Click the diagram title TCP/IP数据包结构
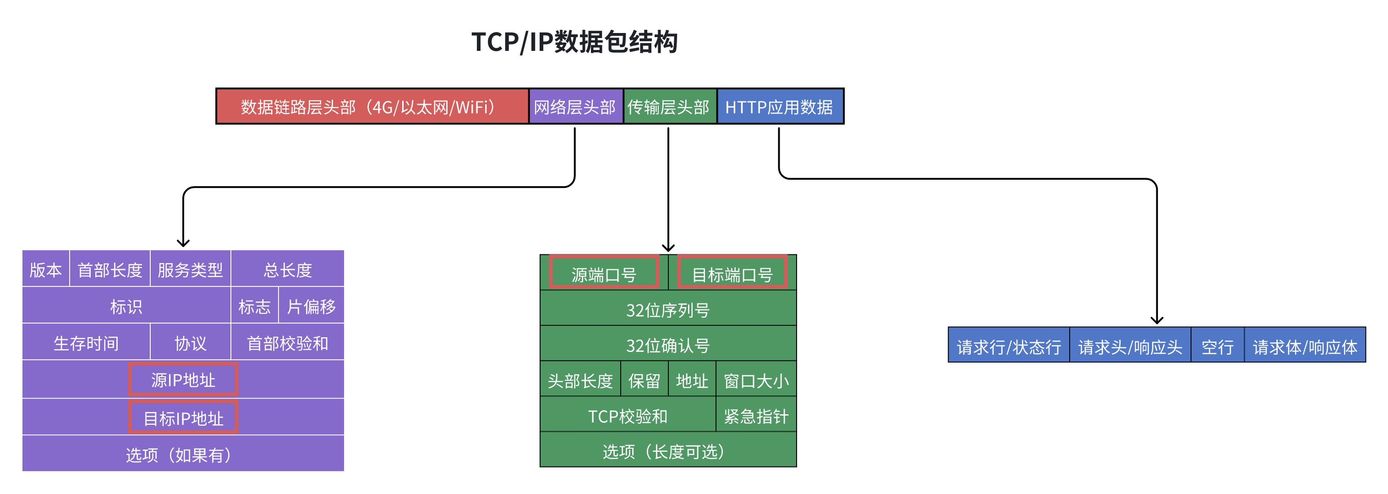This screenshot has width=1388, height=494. tap(574, 42)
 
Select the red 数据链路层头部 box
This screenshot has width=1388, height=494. tap(372, 107)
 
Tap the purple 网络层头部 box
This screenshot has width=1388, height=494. tap(575, 107)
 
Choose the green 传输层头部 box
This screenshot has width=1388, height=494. tap(669, 107)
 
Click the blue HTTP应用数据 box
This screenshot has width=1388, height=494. tap(779, 107)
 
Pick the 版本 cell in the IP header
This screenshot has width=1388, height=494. tap(46, 269)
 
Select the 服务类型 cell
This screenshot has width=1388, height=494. tap(190, 269)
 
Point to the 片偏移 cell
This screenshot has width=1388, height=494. tap(311, 306)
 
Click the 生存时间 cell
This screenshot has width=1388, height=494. tap(86, 343)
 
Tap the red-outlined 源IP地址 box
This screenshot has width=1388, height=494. tap(183, 380)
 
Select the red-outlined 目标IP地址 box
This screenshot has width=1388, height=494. tap(183, 417)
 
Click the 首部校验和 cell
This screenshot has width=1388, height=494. tap(287, 343)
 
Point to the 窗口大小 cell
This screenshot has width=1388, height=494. tap(756, 381)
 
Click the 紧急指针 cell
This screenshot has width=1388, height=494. tap(756, 416)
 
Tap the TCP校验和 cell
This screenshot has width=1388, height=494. tap(628, 416)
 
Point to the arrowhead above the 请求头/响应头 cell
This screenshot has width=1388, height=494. tap(1157, 320)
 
